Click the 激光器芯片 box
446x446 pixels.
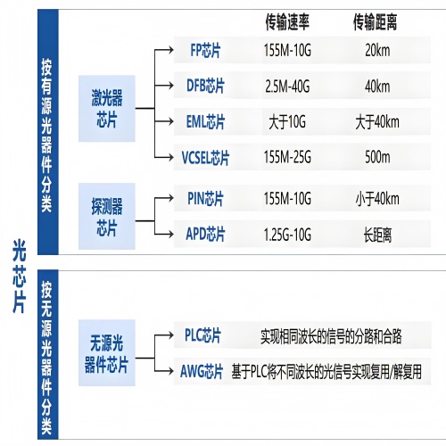[111, 104]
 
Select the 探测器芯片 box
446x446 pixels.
[111, 217]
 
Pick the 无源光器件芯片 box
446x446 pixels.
[111, 353]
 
